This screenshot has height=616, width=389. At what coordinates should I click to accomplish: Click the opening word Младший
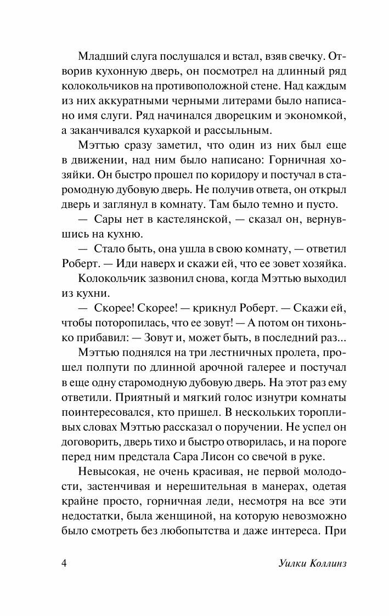coord(102,56)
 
